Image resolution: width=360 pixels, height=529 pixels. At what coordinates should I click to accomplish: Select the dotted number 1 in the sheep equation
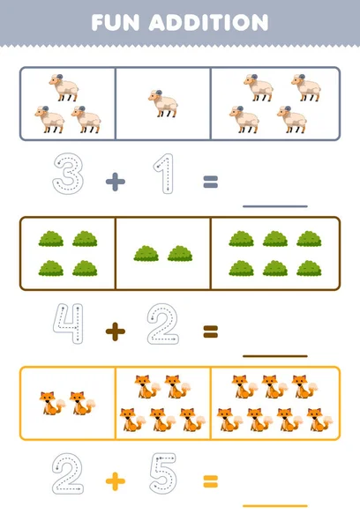click(x=163, y=174)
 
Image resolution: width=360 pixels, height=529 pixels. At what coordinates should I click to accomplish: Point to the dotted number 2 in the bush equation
click(x=163, y=324)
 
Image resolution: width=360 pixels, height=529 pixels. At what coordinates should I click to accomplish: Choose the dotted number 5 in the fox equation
click(x=163, y=474)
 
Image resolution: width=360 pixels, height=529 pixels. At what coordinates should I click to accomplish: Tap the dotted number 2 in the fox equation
click(x=67, y=474)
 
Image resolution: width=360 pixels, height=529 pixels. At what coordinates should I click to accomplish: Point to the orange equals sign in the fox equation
click(x=210, y=481)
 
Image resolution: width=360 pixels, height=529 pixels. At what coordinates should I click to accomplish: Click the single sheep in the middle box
click(x=163, y=102)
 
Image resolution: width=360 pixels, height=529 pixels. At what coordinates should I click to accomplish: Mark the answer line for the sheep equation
click(x=274, y=205)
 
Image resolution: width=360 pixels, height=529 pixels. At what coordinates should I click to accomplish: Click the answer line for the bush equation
click(x=274, y=355)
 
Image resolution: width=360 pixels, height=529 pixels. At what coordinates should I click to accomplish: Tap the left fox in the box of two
click(x=49, y=403)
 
